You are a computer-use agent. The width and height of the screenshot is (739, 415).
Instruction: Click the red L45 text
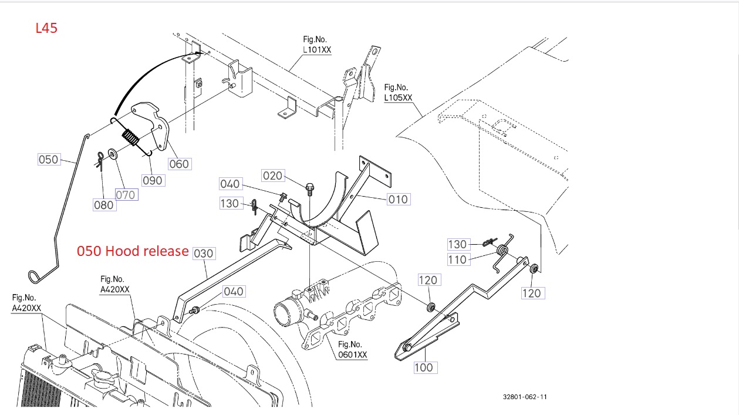[x=46, y=28]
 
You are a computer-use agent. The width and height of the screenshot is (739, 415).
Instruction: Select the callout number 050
[x=49, y=159]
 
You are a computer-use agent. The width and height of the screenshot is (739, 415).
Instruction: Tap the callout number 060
[x=179, y=164]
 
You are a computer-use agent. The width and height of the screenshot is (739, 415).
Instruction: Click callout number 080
[x=104, y=204]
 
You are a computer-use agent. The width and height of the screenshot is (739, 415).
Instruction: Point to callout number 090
[x=153, y=180]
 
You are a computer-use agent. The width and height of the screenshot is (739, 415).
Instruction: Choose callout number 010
[x=397, y=199]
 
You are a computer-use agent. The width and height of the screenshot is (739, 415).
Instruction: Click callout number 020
[x=272, y=176]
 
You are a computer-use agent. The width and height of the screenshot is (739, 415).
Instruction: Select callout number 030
[x=204, y=253]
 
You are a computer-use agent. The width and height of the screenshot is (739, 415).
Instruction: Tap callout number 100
[x=423, y=367]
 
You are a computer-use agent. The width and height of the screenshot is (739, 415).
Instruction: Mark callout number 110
[x=457, y=259]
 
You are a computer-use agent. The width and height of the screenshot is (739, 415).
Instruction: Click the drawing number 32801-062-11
[x=525, y=397]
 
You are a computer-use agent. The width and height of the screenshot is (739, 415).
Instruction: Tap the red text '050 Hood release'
[x=133, y=251]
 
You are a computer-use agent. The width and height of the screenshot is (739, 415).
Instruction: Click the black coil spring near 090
[x=131, y=140]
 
